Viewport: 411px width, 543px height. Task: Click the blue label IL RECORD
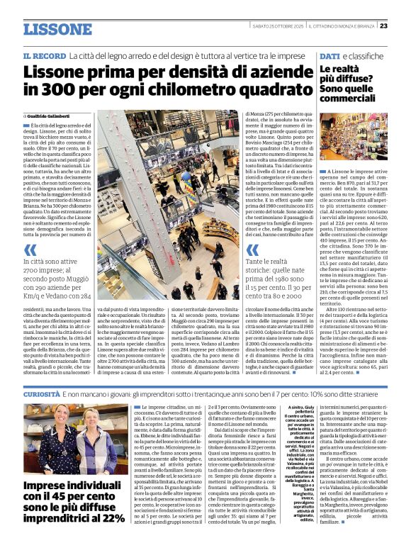44,55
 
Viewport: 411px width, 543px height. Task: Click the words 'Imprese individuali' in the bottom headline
71,486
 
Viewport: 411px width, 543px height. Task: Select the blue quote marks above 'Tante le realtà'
253,250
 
